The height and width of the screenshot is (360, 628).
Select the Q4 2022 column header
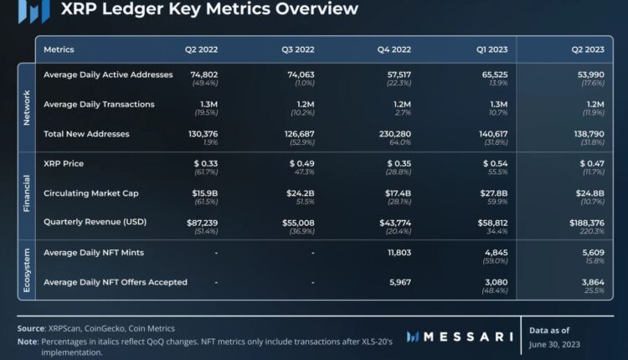[x=395, y=50]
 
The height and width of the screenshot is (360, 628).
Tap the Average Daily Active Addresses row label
[x=108, y=75]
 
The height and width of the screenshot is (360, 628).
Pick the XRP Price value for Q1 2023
[x=496, y=163]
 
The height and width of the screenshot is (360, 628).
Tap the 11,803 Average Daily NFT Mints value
[x=395, y=252]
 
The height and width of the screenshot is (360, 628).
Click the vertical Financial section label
[x=26, y=193]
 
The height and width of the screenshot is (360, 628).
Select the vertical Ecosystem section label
[x=26, y=271]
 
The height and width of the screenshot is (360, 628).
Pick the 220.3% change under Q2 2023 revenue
[x=592, y=232]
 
